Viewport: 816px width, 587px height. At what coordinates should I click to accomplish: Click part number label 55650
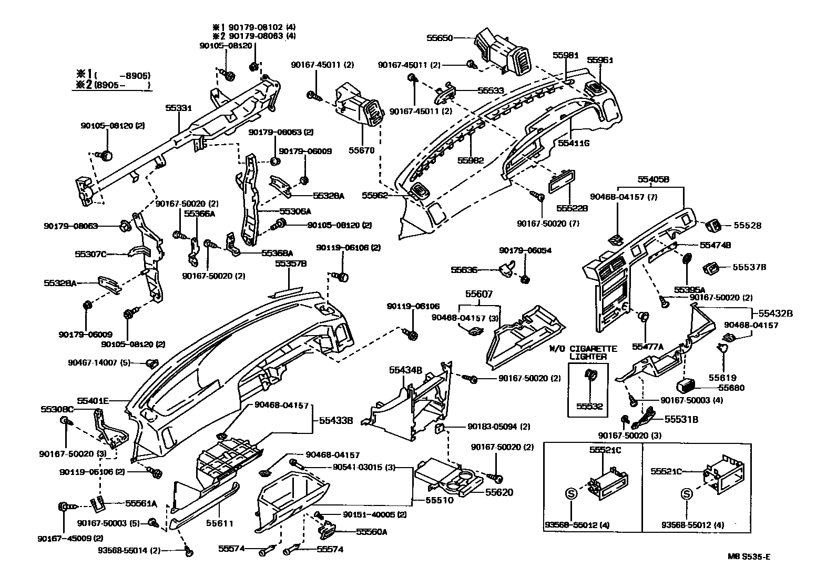coord(439,38)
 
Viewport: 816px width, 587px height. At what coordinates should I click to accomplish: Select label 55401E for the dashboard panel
coord(95,400)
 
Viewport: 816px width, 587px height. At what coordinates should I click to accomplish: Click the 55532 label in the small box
coord(588,406)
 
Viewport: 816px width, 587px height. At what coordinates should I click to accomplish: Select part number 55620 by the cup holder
coord(499,492)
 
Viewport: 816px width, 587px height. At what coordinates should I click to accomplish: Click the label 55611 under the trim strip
coord(219,523)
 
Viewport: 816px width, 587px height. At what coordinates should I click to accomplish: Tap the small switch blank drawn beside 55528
coord(713,225)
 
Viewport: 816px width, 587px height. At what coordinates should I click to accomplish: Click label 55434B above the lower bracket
coord(405,370)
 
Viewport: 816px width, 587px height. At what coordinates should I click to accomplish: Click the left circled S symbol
coord(571,493)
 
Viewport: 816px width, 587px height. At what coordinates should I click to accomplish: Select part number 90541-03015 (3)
coord(364,467)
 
